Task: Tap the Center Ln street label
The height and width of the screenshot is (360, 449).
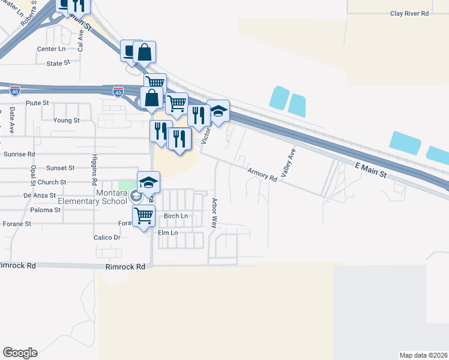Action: [51, 49]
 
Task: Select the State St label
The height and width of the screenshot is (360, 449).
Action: [58, 62]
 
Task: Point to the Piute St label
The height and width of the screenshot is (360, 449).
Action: [37, 103]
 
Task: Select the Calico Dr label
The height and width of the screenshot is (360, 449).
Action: [107, 238]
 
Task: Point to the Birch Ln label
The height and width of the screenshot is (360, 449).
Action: [176, 216]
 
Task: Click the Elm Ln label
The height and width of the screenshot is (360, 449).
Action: [167, 233]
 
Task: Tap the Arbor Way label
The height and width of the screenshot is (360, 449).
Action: [214, 213]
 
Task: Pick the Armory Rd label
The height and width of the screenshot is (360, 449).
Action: [262, 175]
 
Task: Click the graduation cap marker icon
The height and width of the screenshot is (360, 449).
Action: [149, 182]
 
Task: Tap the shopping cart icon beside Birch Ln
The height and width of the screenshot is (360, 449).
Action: [144, 216]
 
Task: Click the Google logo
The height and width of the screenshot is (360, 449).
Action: [20, 353]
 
